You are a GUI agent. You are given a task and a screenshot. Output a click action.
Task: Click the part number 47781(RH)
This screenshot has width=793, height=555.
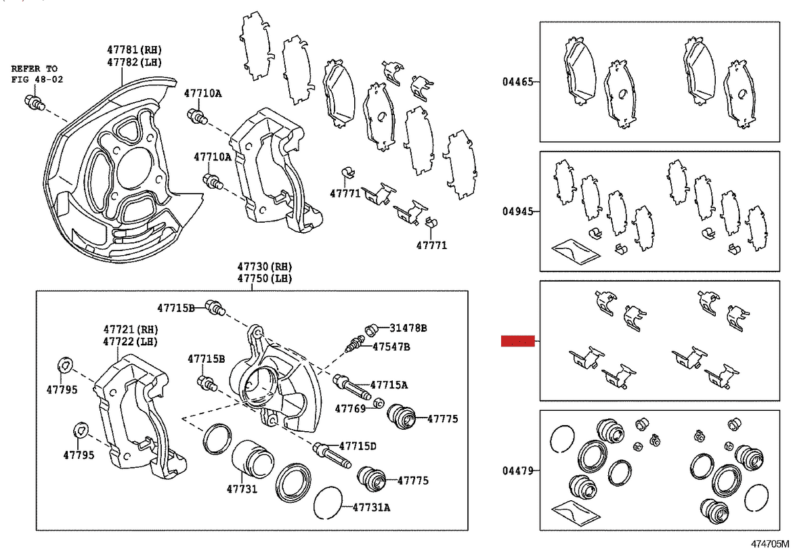coord(135,50)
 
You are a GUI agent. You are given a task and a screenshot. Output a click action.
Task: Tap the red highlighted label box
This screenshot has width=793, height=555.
coord(518,341)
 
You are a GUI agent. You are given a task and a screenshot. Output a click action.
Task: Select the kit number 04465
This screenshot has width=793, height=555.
coord(516,82)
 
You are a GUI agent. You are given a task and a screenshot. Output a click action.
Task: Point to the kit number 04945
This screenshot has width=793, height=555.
coord(516,211)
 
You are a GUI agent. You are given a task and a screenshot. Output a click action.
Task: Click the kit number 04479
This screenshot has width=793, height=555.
coord(516,470)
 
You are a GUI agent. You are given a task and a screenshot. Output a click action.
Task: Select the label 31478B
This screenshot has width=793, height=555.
coord(408,328)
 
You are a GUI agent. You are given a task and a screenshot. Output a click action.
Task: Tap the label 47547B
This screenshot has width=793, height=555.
coord(391,347)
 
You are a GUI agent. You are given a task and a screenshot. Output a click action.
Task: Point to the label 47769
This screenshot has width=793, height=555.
coord(350,408)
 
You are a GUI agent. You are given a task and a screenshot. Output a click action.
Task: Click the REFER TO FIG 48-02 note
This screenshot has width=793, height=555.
coord(35,74)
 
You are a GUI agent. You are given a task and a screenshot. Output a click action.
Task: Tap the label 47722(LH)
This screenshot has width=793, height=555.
coord(129,341)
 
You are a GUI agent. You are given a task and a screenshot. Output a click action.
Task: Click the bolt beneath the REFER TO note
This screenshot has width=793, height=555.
coord(34,103)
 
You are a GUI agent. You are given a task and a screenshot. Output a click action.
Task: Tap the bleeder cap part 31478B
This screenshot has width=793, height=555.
coord(371,330)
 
